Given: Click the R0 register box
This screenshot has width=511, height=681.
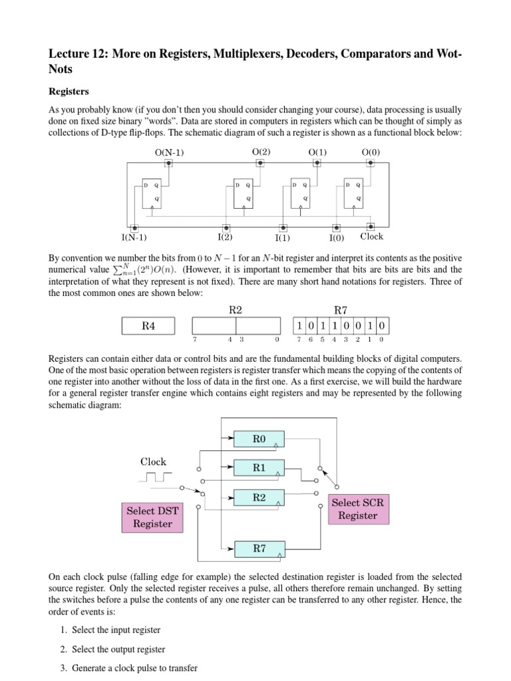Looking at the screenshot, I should coord(259,439).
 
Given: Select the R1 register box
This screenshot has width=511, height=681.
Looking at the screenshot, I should coord(259,468).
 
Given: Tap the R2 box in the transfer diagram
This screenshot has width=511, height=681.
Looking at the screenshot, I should coord(259,497).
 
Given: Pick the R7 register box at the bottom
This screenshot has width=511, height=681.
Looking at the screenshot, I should coord(259,549).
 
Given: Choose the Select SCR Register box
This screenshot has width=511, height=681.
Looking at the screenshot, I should coord(357,509).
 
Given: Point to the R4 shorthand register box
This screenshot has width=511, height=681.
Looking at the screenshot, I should coord(148,326).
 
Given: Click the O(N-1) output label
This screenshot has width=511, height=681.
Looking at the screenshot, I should coord(169,153).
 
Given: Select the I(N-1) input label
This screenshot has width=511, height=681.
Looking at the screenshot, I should coord(134,237).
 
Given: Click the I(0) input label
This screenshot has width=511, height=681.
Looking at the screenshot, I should coord(337,237).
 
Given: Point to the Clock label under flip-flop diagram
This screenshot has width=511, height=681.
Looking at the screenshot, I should coord(372,237).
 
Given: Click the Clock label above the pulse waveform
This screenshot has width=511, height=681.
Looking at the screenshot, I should coord(153,462).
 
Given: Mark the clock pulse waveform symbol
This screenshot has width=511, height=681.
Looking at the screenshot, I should coord(156,477).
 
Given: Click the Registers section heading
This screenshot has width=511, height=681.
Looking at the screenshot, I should coord(70,91).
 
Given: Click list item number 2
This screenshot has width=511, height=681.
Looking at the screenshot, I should coord(113,649).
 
